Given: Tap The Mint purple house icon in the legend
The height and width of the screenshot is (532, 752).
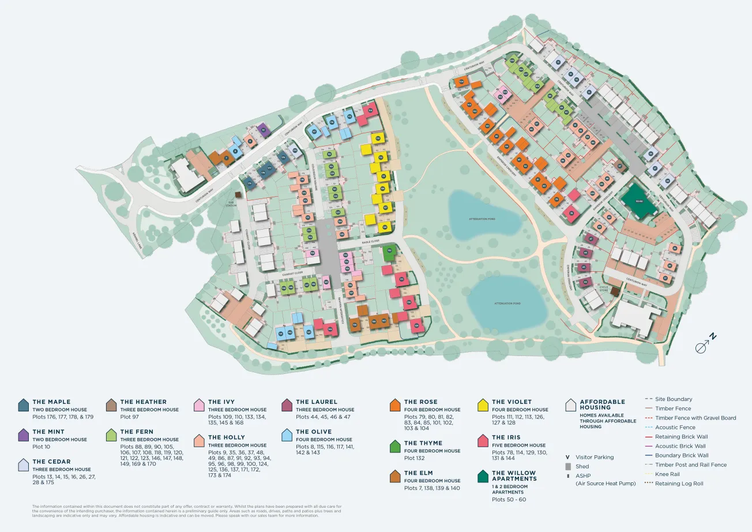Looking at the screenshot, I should click(x=23, y=434).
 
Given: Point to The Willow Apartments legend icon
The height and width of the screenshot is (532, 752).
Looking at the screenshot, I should click(x=483, y=476).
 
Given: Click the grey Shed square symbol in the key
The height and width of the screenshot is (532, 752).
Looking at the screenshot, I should click(x=568, y=466).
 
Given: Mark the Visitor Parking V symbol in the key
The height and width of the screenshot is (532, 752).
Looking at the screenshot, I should click(x=568, y=457).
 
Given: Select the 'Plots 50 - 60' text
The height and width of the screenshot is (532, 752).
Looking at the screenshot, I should click(x=509, y=499).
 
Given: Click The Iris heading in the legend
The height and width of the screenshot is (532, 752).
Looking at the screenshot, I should click(x=506, y=437).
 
